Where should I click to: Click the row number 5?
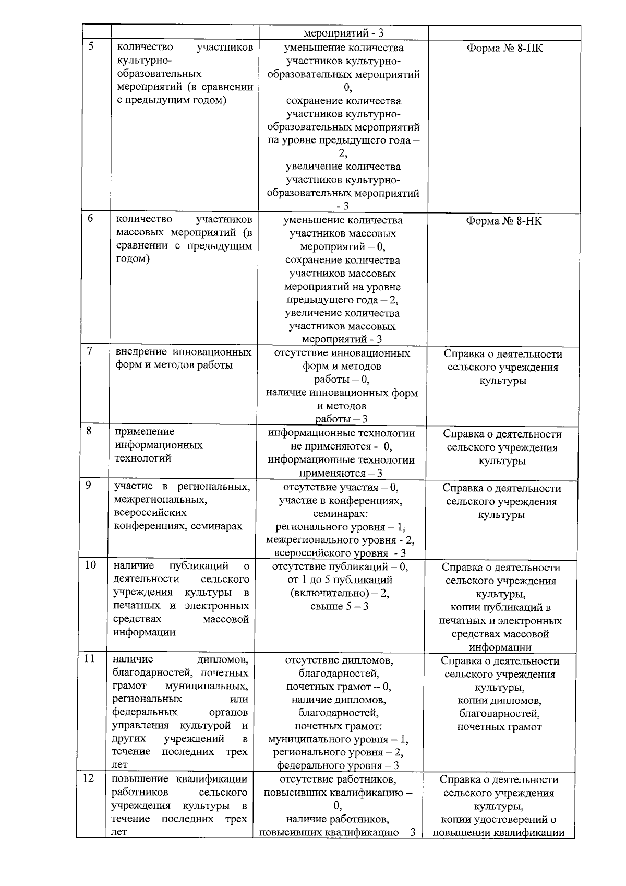[x=91, y=46]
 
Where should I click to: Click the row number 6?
[x=91, y=218]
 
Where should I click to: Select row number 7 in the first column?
[x=90, y=351]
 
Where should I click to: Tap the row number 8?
[x=89, y=431]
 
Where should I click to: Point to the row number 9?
[x=89, y=485]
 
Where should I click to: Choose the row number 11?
[x=90, y=658]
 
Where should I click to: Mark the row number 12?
[x=89, y=778]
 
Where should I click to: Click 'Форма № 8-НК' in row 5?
[x=504, y=49]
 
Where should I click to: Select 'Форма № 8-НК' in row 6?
[x=504, y=221]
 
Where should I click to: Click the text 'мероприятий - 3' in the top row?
[x=343, y=33]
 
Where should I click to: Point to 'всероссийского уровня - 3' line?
[x=340, y=553]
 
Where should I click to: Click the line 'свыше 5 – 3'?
[x=340, y=606]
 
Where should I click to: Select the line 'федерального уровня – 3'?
[x=338, y=765]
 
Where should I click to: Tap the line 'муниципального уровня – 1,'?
[x=338, y=739]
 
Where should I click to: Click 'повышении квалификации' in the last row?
[x=499, y=832]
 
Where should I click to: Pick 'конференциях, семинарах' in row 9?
[x=178, y=526]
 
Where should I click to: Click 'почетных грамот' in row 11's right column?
[x=499, y=727]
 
